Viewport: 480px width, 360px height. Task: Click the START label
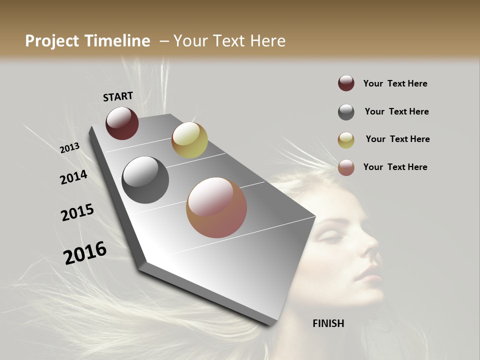[118, 96]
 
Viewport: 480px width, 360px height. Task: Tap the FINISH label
[328, 323]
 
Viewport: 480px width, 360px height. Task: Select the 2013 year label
[69, 148]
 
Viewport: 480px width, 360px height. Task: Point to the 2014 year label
[74, 177]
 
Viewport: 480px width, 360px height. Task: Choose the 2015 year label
[77, 212]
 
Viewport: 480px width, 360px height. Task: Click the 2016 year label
[85, 252]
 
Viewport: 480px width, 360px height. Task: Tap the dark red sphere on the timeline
[122, 123]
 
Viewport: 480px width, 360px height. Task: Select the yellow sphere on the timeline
[189, 140]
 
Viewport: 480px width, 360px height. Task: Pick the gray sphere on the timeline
[145, 180]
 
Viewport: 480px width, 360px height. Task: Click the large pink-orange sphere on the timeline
[216, 207]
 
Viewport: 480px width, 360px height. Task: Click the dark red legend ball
[346, 83]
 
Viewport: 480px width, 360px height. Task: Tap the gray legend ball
[346, 112]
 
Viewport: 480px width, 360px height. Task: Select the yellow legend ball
[346, 139]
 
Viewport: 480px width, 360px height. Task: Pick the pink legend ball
[346, 167]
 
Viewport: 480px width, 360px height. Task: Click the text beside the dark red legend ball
[395, 83]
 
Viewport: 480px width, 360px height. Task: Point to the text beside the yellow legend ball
[397, 139]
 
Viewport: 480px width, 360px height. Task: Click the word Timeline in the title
[117, 41]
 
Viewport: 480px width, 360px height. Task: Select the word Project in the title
[52, 41]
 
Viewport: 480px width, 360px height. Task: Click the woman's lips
[367, 273]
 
